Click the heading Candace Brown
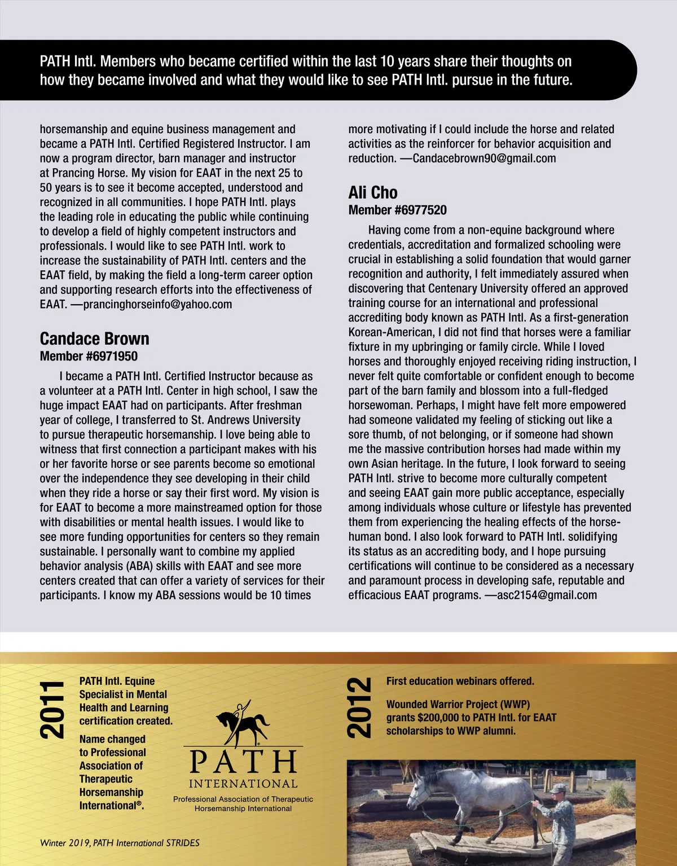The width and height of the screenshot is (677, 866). (x=94, y=339)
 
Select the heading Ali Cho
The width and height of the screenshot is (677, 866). (x=373, y=192)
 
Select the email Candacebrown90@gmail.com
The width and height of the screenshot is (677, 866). (x=484, y=159)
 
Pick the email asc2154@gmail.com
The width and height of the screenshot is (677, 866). (x=547, y=595)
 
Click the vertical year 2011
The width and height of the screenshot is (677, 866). (x=52, y=710)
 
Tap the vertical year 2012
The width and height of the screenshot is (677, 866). (x=359, y=709)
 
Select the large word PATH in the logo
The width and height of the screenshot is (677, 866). (x=243, y=762)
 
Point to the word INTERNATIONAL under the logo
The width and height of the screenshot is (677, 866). (x=243, y=784)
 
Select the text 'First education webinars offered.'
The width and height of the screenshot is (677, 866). (x=460, y=682)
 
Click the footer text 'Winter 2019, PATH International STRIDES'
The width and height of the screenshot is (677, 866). (x=120, y=843)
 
